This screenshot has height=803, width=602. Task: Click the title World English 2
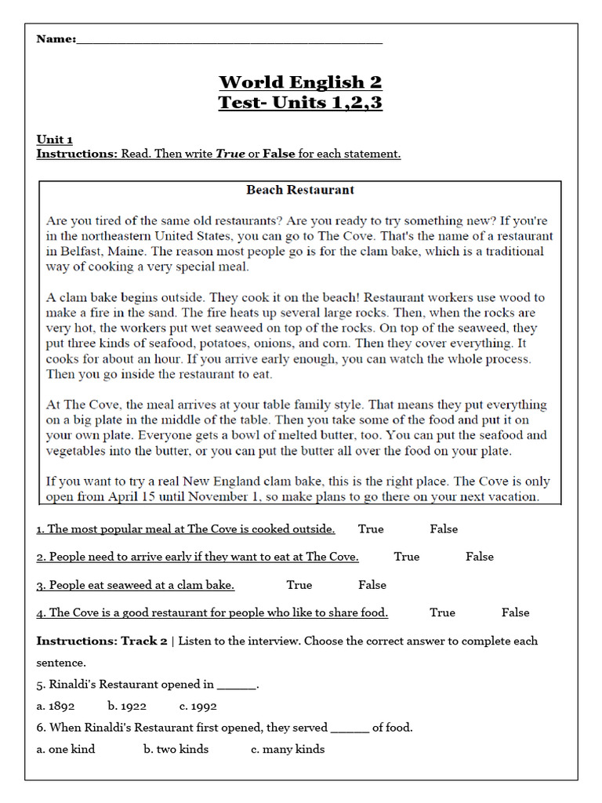click(x=300, y=82)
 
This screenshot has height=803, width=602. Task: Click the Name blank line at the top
click(x=230, y=41)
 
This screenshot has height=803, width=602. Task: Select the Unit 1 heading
click(x=54, y=140)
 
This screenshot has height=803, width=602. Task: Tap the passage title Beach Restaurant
click(x=300, y=190)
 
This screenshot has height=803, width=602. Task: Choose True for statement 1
click(x=371, y=529)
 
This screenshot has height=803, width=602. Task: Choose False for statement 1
click(x=444, y=529)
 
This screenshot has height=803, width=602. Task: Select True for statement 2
click(x=407, y=557)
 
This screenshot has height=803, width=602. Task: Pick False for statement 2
click(x=480, y=557)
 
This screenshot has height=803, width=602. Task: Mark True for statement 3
click(x=299, y=585)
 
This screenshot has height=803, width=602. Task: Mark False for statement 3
click(x=372, y=585)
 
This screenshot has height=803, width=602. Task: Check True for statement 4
click(x=442, y=612)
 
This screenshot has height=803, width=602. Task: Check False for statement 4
click(x=516, y=612)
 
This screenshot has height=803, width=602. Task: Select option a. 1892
click(x=56, y=706)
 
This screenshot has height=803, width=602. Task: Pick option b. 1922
click(x=127, y=706)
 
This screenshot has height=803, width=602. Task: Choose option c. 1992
click(x=198, y=706)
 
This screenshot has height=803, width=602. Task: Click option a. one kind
click(x=66, y=749)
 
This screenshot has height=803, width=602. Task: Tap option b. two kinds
click(x=176, y=749)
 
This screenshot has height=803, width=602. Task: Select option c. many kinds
click(x=288, y=749)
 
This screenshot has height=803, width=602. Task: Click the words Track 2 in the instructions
click(x=143, y=641)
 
